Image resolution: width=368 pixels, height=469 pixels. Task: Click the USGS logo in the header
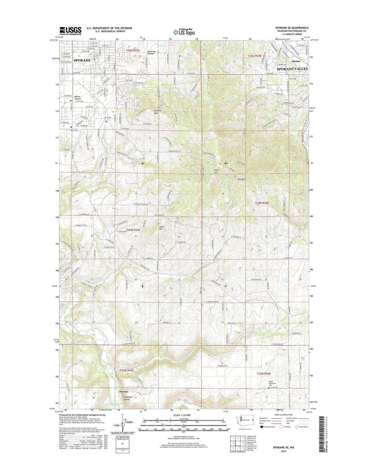click(x=70, y=31)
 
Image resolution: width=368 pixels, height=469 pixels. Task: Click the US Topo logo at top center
click(x=184, y=32)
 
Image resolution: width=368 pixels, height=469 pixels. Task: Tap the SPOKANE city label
click(x=82, y=60)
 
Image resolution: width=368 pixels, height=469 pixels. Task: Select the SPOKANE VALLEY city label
click(x=292, y=69)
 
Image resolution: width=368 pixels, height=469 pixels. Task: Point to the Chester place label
click(x=296, y=61)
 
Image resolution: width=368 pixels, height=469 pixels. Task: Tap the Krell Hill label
click(x=216, y=171)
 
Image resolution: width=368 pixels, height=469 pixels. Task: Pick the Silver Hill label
click(x=162, y=228)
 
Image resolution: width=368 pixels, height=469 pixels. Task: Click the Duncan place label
click(x=124, y=391)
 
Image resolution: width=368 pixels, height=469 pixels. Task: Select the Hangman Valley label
click(x=128, y=398)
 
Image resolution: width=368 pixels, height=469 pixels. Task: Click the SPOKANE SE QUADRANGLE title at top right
click(x=292, y=28)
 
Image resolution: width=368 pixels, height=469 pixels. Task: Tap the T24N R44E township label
click(x=262, y=203)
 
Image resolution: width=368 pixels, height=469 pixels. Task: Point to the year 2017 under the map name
click(x=283, y=451)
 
